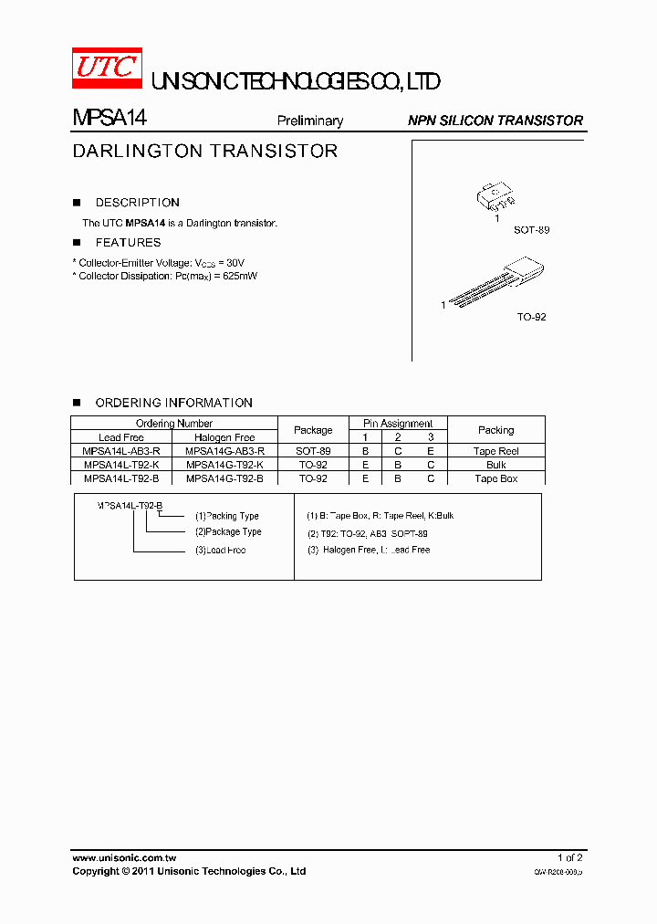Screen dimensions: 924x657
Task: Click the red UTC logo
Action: [107, 68]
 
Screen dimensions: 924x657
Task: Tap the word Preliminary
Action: [309, 121]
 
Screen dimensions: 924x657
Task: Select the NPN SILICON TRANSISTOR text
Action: [495, 121]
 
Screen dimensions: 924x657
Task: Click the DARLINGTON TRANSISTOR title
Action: [204, 152]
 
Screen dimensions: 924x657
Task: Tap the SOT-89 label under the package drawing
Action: [531, 230]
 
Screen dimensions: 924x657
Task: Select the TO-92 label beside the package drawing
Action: [531, 317]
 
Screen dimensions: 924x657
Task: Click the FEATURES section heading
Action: [128, 243]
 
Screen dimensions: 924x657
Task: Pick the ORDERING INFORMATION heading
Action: [173, 403]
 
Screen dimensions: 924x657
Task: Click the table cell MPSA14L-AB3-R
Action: [121, 451]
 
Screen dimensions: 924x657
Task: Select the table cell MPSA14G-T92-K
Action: [224, 465]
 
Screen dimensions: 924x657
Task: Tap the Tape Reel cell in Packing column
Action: [495, 451]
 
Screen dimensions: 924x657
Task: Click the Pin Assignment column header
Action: [398, 424]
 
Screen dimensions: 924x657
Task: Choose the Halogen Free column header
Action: [224, 437]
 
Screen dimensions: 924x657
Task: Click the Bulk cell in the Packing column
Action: [495, 465]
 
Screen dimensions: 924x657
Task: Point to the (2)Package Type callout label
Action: [227, 531]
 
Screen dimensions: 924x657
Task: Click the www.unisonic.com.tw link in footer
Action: [124, 858]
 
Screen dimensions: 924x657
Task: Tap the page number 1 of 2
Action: [569, 858]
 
